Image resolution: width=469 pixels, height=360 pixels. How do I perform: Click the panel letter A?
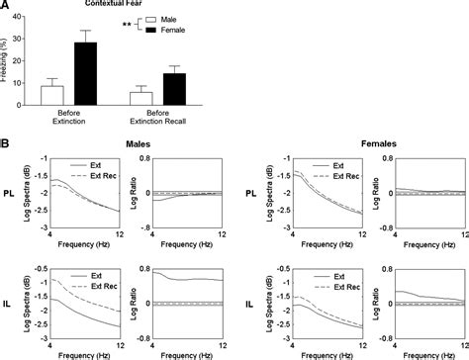click(x=6, y=5)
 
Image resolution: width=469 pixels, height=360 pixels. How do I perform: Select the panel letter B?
click(x=6, y=142)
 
